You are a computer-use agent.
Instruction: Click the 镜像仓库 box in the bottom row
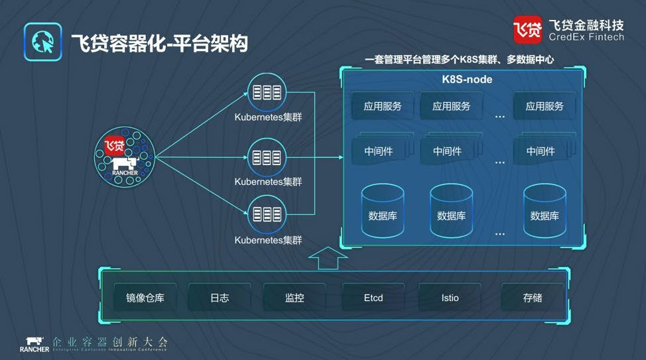coord(145,298)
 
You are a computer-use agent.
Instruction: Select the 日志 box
coord(220,298)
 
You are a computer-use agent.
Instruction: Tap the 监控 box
coord(294,298)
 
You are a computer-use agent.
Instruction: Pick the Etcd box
coord(373,298)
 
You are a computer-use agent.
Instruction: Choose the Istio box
coord(450,298)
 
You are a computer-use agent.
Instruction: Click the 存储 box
coord(533,298)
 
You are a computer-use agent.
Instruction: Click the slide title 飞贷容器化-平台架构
coord(159,44)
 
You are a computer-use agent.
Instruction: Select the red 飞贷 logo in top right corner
coord(527,29)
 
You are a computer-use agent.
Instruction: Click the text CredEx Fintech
coord(586,38)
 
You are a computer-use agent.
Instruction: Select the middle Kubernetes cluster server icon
coord(267,157)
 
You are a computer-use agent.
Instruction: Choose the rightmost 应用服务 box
coord(545,106)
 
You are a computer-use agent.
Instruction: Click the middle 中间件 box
coord(448,151)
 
